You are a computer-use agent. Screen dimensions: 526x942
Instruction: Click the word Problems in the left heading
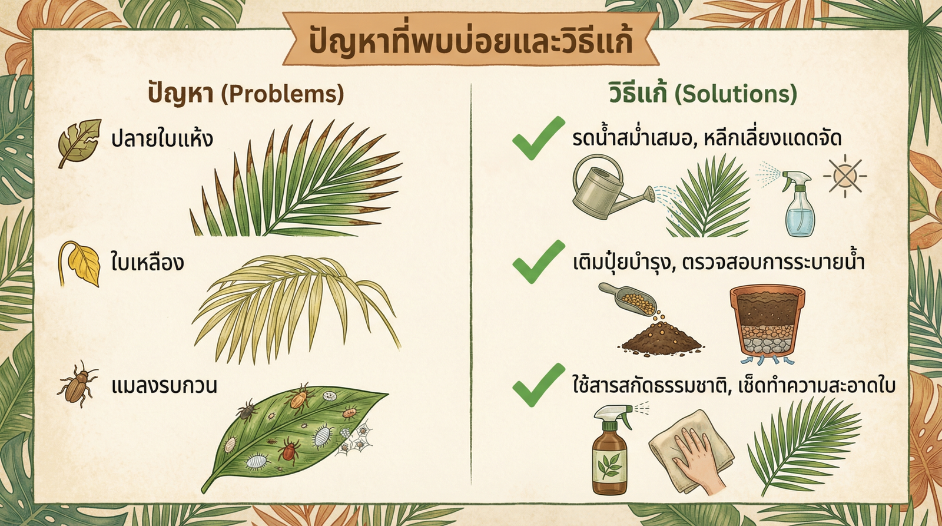point(283,94)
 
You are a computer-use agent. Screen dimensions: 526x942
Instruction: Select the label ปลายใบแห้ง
point(162,139)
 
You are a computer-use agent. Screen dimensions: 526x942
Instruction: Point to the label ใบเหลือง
point(147,262)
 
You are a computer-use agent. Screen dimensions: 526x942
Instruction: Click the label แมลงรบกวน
point(164,386)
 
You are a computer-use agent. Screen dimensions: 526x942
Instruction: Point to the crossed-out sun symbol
point(845,176)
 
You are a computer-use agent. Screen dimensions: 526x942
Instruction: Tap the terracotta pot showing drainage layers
point(767,323)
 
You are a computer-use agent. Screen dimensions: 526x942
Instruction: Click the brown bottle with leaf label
point(610,454)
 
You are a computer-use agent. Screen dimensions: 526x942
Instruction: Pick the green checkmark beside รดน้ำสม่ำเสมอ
point(537,139)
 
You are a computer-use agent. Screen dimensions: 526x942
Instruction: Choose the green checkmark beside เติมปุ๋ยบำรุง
point(537,262)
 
